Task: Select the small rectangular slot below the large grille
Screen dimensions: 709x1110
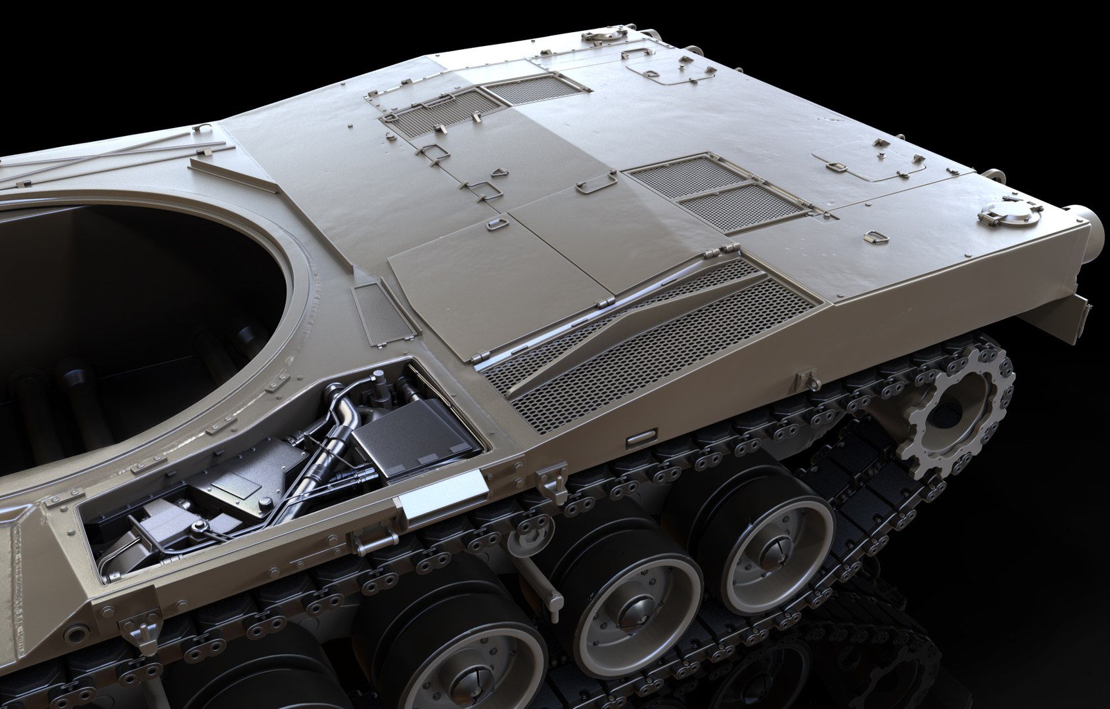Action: [641, 437]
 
